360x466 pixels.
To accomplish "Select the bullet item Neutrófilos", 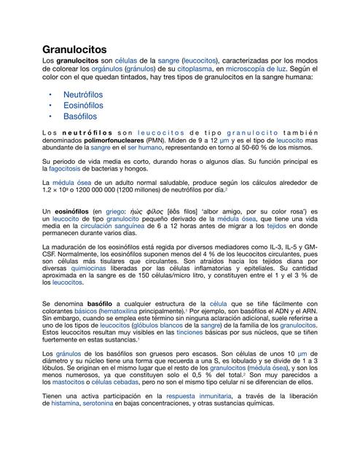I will pyautogui.click(x=83, y=95).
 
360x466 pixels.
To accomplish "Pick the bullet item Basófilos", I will pyautogui.click(x=80, y=116).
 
